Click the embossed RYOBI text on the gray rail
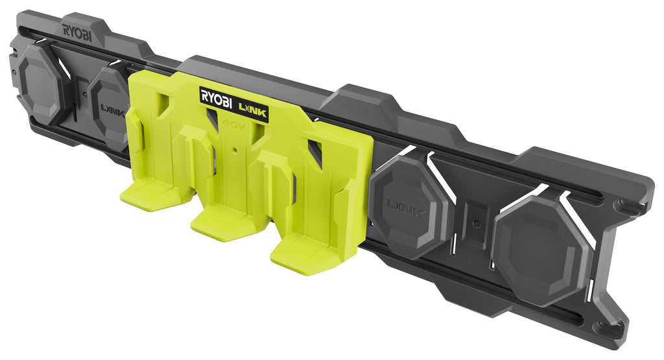click(x=77, y=30)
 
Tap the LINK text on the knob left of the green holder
click(x=110, y=110)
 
